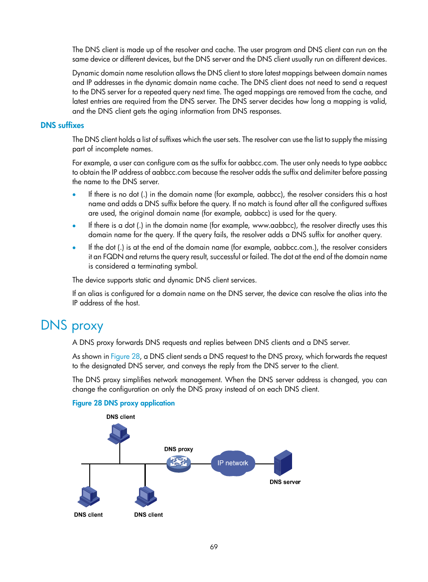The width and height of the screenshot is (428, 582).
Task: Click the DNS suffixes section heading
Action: [x=62, y=125]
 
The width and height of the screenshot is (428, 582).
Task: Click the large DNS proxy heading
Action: [x=72, y=325]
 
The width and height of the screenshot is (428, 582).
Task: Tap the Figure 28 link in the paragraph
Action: [x=125, y=356]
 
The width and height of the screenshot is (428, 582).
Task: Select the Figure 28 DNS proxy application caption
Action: [x=123, y=403]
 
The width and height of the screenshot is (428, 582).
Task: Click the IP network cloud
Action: [x=232, y=463]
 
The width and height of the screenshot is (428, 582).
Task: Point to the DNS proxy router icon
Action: [x=179, y=463]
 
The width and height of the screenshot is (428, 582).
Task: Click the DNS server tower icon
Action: [x=283, y=463]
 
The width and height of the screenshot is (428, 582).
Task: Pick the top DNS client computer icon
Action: [x=118, y=434]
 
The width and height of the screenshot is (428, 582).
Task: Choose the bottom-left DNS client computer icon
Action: [x=89, y=496]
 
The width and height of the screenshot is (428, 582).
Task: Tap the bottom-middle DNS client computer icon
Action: [x=146, y=496]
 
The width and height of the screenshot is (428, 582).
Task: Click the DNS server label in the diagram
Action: [x=285, y=482]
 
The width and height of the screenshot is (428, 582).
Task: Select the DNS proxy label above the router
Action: [x=179, y=449]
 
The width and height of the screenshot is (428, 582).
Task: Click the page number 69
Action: [x=214, y=547]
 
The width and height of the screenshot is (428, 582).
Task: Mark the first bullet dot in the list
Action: [x=74, y=195]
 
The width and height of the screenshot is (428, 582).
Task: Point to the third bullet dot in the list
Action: [x=74, y=248]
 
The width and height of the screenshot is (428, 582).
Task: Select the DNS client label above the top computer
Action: [x=121, y=417]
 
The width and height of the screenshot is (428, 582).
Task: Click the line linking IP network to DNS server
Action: [x=265, y=464]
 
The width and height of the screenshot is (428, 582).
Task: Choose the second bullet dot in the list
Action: [x=74, y=226]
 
